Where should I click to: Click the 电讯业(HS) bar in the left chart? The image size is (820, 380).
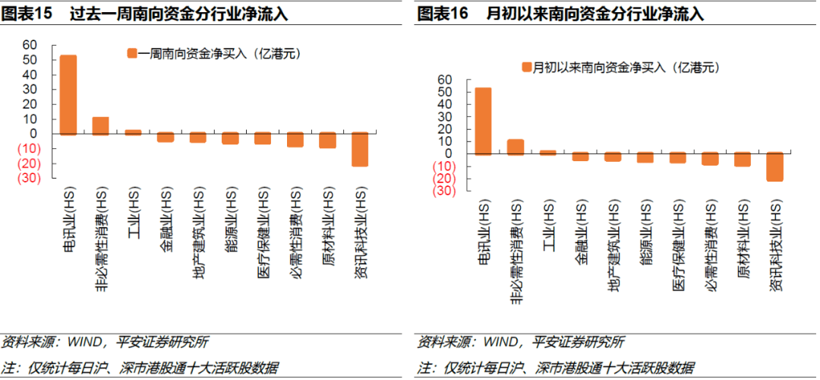pyautogui.click(x=68, y=94)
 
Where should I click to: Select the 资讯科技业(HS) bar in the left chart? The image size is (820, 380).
pyautogui.click(x=360, y=149)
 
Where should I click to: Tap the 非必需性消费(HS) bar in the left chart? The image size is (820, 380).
pyautogui.click(x=100, y=125)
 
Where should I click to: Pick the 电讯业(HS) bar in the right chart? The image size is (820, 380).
pyautogui.click(x=483, y=120)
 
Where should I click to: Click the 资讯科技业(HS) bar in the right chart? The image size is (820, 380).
pyautogui.click(x=774, y=166)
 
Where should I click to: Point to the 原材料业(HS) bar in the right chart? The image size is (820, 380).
pyautogui.click(x=742, y=159)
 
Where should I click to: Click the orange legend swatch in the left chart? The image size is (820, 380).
pyautogui.click(x=131, y=53)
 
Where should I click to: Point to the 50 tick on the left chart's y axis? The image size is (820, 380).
pyautogui.click(x=29, y=60)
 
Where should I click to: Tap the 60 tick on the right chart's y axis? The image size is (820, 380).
pyautogui.click(x=444, y=79)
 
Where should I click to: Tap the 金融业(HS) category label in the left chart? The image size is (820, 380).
pyautogui.click(x=166, y=229)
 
